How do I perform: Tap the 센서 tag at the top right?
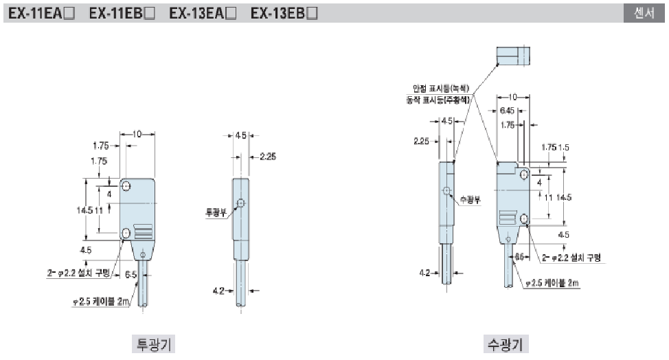[x=644, y=13]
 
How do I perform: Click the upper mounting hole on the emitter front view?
[x=126, y=186]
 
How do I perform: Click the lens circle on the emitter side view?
[x=240, y=203]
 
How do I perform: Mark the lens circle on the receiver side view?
[x=446, y=191]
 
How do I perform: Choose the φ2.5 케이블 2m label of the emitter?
[x=102, y=301]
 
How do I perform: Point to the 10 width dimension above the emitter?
[x=137, y=135]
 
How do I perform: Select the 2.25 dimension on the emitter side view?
[x=267, y=157]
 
